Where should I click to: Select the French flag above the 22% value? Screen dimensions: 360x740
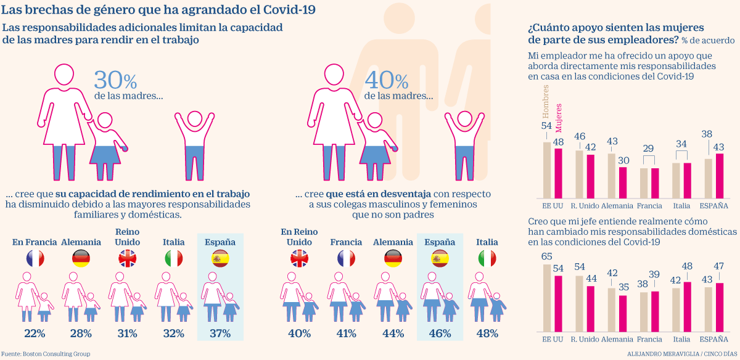click(35, 258)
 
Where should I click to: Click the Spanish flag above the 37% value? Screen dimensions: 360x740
click(220, 258)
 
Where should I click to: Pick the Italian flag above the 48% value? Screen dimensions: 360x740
click(487, 258)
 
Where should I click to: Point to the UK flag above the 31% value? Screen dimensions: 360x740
click(127, 258)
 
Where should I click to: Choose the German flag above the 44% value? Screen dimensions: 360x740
click(393, 258)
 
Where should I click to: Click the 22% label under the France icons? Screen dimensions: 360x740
click(35, 333)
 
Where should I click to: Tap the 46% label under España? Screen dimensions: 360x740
click(440, 333)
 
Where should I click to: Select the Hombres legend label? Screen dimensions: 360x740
click(545, 102)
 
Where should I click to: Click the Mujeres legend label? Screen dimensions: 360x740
click(559, 116)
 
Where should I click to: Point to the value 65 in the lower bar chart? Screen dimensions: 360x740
click(546, 256)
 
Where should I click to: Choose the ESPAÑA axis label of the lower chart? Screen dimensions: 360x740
click(713, 339)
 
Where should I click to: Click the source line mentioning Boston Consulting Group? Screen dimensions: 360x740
click(46, 354)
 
